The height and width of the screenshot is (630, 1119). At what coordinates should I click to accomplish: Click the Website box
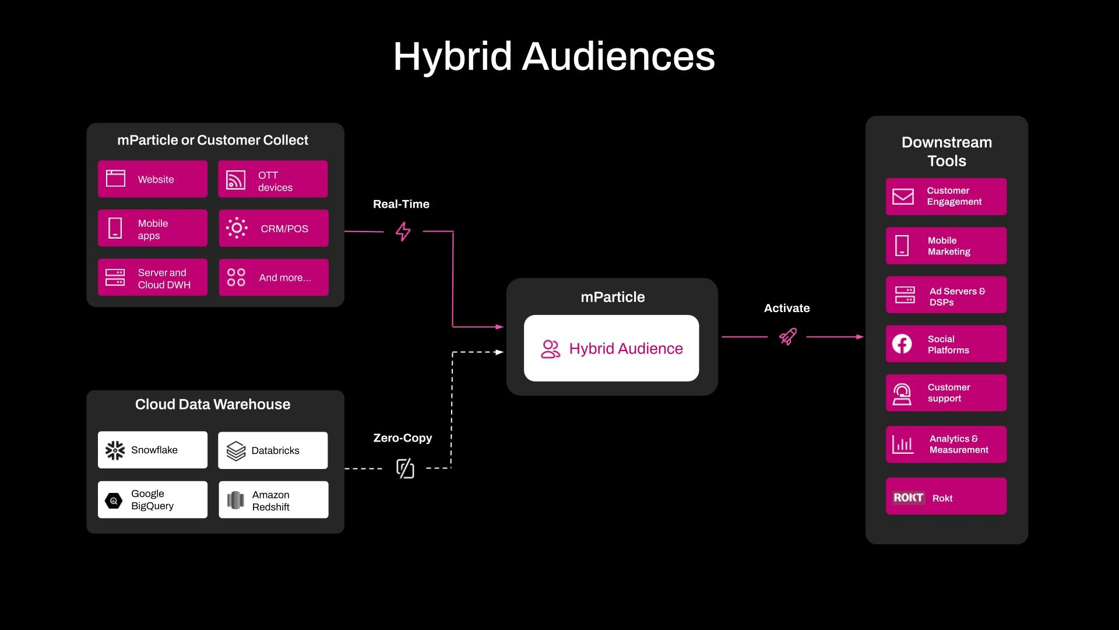(152, 179)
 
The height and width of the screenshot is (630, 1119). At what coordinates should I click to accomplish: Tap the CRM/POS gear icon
(237, 228)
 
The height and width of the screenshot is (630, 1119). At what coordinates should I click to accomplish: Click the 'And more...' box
(273, 278)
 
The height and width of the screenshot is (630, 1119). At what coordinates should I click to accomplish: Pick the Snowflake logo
(115, 450)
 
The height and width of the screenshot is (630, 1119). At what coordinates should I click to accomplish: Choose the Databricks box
(273, 450)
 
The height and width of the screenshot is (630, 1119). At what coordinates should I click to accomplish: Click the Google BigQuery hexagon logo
(114, 501)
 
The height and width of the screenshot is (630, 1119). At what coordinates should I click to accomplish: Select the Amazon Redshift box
(273, 500)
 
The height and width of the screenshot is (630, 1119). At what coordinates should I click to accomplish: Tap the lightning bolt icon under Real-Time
(403, 232)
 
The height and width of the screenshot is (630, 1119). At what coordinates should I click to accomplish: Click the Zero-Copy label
(403, 438)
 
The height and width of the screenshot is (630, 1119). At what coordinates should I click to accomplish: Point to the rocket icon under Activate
(788, 337)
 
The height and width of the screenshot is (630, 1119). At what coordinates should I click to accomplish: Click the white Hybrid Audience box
(611, 348)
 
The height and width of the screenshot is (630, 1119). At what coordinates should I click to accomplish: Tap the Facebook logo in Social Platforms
(902, 344)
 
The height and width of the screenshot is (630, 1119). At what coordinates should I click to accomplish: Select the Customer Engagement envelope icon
(903, 197)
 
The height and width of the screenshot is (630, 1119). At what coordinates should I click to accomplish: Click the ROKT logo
(908, 498)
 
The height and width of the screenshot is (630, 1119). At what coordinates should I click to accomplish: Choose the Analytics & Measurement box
(946, 444)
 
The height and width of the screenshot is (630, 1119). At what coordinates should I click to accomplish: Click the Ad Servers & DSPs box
(946, 295)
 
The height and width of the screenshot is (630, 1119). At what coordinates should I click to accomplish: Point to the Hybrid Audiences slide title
(554, 57)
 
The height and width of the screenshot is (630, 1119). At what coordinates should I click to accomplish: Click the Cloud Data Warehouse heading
(213, 404)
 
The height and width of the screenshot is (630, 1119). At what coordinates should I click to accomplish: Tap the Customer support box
(946, 393)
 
